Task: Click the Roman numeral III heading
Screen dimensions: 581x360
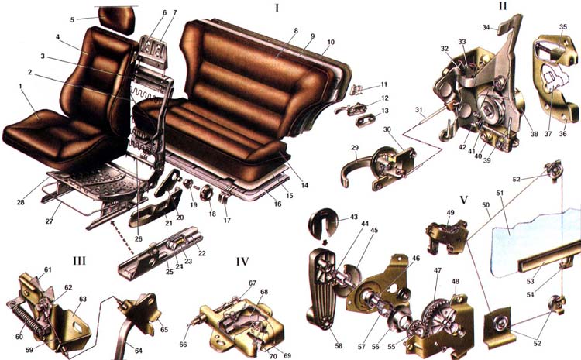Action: pos(79,261)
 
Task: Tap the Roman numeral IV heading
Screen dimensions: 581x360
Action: pos(242,262)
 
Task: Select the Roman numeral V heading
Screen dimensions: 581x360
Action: pos(463,201)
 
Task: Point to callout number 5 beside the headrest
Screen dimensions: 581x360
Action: pos(72,19)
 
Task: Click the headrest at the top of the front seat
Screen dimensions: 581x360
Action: pos(116,19)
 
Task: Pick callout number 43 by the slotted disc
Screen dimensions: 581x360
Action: pos(354,216)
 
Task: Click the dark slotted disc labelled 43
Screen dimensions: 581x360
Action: pos(324,223)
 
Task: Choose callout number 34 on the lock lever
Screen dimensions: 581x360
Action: pos(486,27)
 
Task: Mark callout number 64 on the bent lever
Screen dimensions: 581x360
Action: pos(138,351)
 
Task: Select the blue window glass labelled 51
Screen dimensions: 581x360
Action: pos(534,242)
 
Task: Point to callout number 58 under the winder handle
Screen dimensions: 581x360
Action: pos(339,346)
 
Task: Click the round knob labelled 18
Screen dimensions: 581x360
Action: pos(206,193)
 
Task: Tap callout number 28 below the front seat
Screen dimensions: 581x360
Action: pos(21,202)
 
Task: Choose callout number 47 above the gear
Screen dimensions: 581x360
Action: pos(438,271)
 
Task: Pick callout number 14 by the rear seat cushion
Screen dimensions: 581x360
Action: pos(304,185)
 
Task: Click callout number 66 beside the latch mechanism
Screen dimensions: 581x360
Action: pos(183,345)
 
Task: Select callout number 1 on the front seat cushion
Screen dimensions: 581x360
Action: pos(21,86)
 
